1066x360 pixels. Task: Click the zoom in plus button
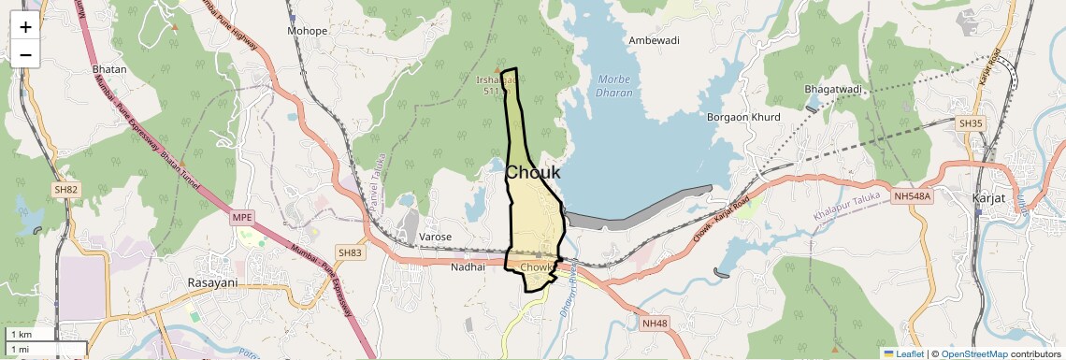pyautogui.click(x=25, y=27)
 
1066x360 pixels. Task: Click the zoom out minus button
pyautogui.click(x=25, y=54)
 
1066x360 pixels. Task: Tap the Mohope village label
pyautogui.click(x=308, y=31)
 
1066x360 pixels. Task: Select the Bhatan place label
pyautogui.click(x=109, y=69)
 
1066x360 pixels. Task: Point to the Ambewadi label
pyautogui.click(x=654, y=41)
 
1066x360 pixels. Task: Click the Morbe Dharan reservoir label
pyautogui.click(x=614, y=86)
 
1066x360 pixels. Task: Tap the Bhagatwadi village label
pyautogui.click(x=832, y=90)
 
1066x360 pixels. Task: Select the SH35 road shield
pyautogui.click(x=970, y=122)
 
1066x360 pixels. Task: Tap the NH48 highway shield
pyautogui.click(x=655, y=324)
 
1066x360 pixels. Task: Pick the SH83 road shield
pyautogui.click(x=349, y=253)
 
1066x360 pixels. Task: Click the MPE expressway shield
pyautogui.click(x=242, y=218)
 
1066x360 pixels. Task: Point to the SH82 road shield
pyautogui.click(x=65, y=190)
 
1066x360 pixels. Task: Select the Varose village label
pyautogui.click(x=436, y=237)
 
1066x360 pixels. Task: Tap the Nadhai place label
pyautogui.click(x=468, y=266)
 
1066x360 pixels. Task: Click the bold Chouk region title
pyautogui.click(x=533, y=172)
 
